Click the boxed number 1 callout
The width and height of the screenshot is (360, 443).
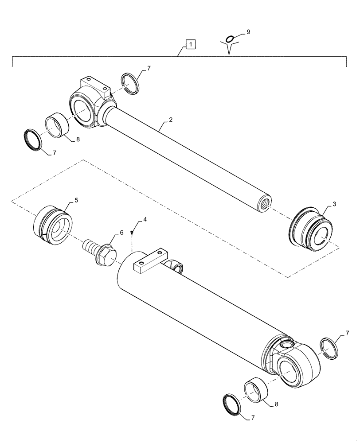[190, 44]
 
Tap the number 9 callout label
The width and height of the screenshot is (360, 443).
[248, 32]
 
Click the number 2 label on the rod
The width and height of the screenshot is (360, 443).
[170, 120]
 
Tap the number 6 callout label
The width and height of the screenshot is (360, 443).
[121, 233]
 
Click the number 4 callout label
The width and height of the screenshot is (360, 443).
[145, 220]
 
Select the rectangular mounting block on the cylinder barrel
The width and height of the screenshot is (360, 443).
[149, 262]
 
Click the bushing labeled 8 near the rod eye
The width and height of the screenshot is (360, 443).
[58, 127]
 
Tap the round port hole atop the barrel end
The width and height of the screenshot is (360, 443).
[286, 343]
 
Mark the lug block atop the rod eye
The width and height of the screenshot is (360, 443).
[94, 85]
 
